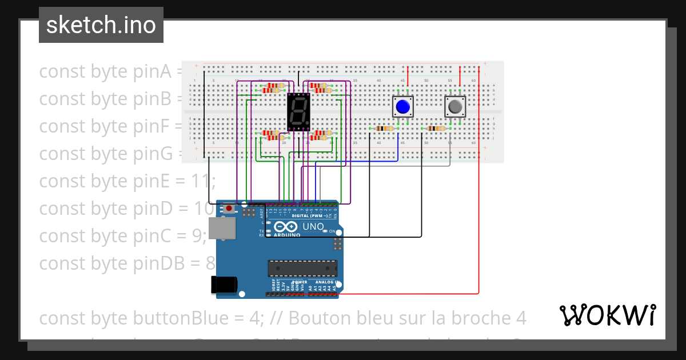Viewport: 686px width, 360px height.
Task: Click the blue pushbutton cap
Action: pos(403,106)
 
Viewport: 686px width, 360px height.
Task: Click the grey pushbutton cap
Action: pos(455,106)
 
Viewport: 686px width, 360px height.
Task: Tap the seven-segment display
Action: pos(298,112)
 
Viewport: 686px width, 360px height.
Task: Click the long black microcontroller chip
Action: pos(302,267)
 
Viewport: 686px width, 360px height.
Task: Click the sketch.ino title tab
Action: pos(101,25)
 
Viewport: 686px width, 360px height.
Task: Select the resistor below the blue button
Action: pos(383,129)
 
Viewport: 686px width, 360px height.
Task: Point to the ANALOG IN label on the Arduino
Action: pos(324,282)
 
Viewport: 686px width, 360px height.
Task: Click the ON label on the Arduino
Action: pos(332,231)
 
